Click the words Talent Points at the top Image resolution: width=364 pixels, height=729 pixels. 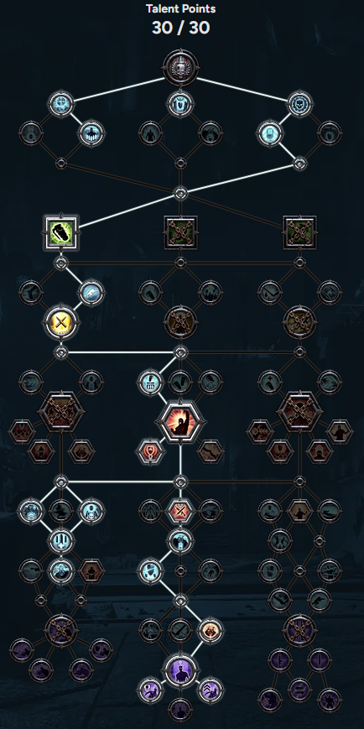tap(181, 8)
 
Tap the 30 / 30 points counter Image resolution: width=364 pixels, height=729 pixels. tap(181, 28)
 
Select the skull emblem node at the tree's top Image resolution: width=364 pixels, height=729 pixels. tap(181, 68)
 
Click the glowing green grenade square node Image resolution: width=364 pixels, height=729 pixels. tap(61, 232)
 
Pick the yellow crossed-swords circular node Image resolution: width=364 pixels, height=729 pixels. tap(61, 322)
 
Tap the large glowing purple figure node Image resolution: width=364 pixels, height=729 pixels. tap(180, 670)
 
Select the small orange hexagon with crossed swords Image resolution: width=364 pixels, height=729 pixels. tap(180, 512)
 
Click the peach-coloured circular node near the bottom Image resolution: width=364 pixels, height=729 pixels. tap(211, 631)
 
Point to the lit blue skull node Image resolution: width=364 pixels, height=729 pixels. tap(300, 104)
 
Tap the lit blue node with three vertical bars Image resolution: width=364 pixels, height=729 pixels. tap(61, 541)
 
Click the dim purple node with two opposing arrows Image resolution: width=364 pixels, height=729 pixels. tap(300, 690)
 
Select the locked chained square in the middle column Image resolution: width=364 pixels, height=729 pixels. tap(180, 232)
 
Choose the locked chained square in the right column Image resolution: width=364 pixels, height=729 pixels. tap(300, 232)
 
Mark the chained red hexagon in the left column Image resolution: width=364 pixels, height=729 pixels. tap(61, 413)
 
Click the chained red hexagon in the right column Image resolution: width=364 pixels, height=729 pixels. tap(300, 413)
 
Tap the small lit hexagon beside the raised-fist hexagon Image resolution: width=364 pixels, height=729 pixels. tap(150, 451)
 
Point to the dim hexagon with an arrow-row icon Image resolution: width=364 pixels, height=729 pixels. tap(260, 431)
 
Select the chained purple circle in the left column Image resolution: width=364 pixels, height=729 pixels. tap(61, 631)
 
